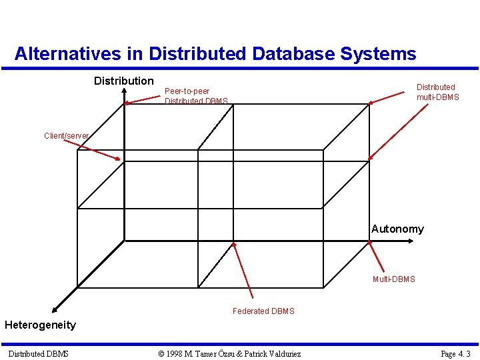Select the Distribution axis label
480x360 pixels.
point(124,81)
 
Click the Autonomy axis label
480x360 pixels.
point(397,229)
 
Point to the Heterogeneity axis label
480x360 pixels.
point(40,325)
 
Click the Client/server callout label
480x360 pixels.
point(66,136)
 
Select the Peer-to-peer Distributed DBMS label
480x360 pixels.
point(196,96)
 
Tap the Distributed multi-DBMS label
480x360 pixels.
point(437,92)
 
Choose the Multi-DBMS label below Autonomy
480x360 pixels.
point(393,279)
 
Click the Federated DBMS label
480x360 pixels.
point(263,311)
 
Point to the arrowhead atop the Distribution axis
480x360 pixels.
point(124,101)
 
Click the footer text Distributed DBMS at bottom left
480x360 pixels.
point(38,353)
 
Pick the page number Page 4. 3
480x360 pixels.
point(455,353)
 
